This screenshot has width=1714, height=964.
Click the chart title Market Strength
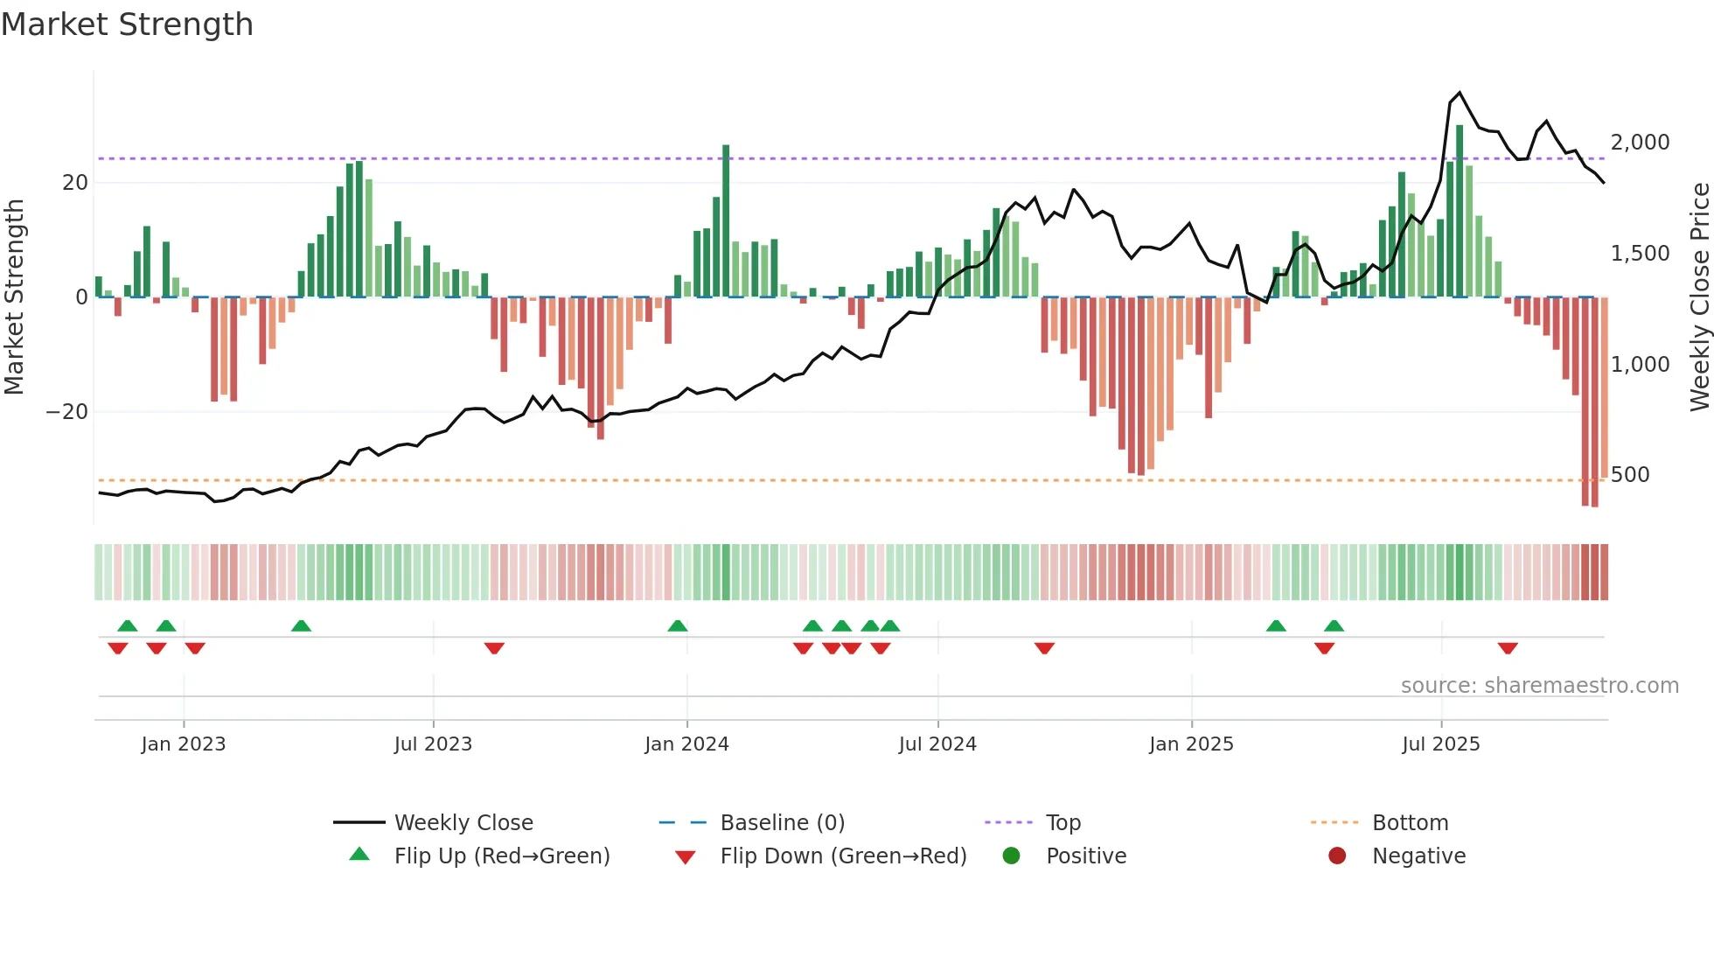point(127,24)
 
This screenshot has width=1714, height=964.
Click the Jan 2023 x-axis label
point(183,744)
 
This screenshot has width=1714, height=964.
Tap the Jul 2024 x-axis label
point(937,744)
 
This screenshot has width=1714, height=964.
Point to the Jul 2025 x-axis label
point(1440,744)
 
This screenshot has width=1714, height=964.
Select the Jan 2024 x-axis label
point(686,744)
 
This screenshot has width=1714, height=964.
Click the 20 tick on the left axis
point(75,183)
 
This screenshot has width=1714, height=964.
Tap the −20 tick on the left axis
point(67,412)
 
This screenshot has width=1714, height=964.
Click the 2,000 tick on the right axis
point(1640,143)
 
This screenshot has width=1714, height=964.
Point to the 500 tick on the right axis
point(1629,475)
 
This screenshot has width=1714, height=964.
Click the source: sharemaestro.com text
point(1539,686)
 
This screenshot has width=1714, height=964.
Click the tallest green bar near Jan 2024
point(726,219)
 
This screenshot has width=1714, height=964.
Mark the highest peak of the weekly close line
point(1460,93)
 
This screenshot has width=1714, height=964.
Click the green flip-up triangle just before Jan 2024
point(677,625)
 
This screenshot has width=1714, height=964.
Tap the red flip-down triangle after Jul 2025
point(1507,648)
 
